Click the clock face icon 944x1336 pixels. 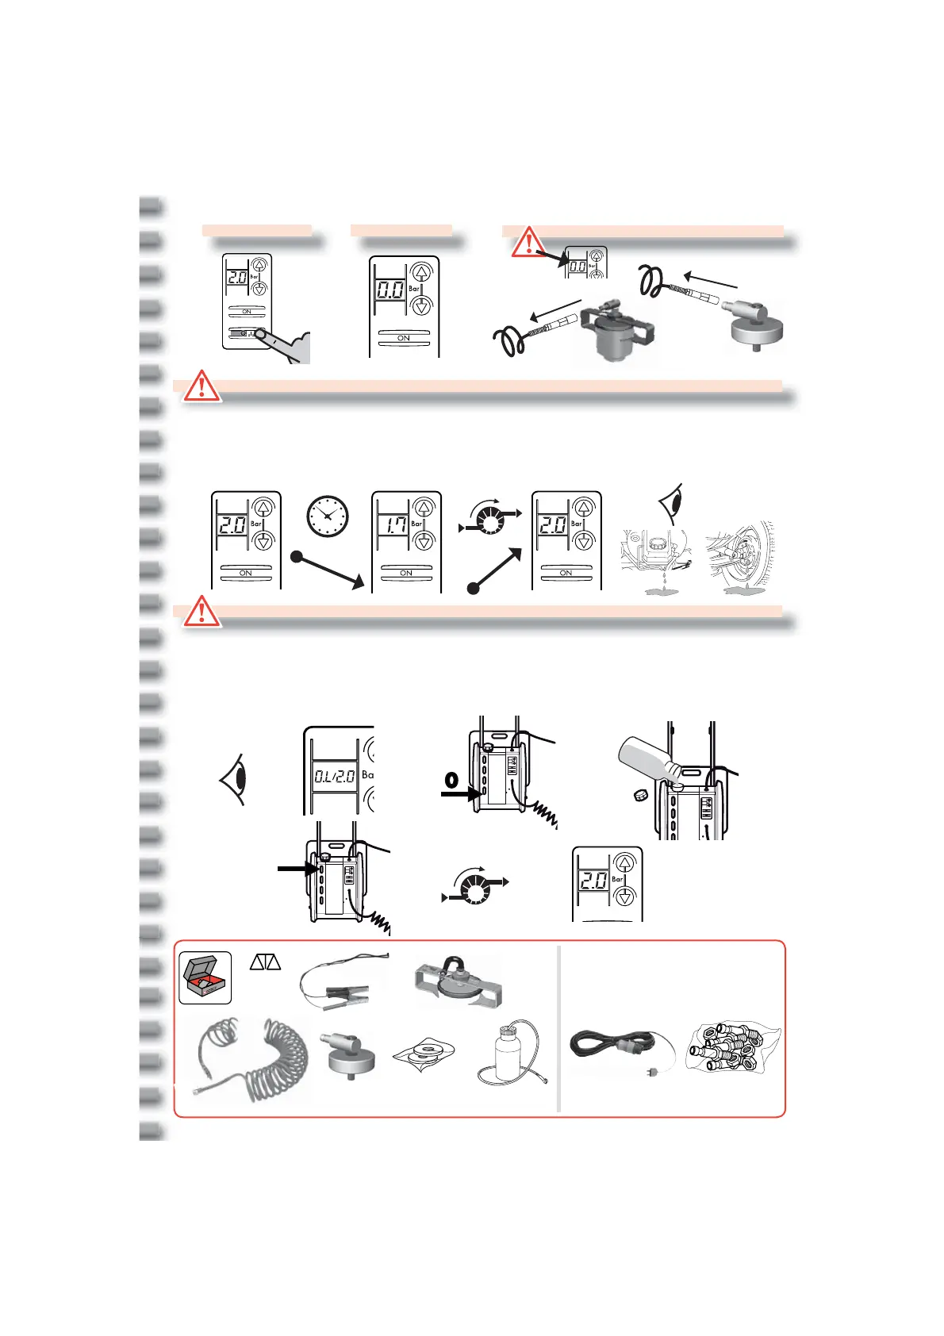(328, 516)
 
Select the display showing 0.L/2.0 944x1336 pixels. (334, 776)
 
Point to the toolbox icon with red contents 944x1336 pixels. (205, 978)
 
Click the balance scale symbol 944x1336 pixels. (266, 962)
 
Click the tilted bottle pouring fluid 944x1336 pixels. (650, 758)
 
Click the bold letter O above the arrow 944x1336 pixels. (451, 780)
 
